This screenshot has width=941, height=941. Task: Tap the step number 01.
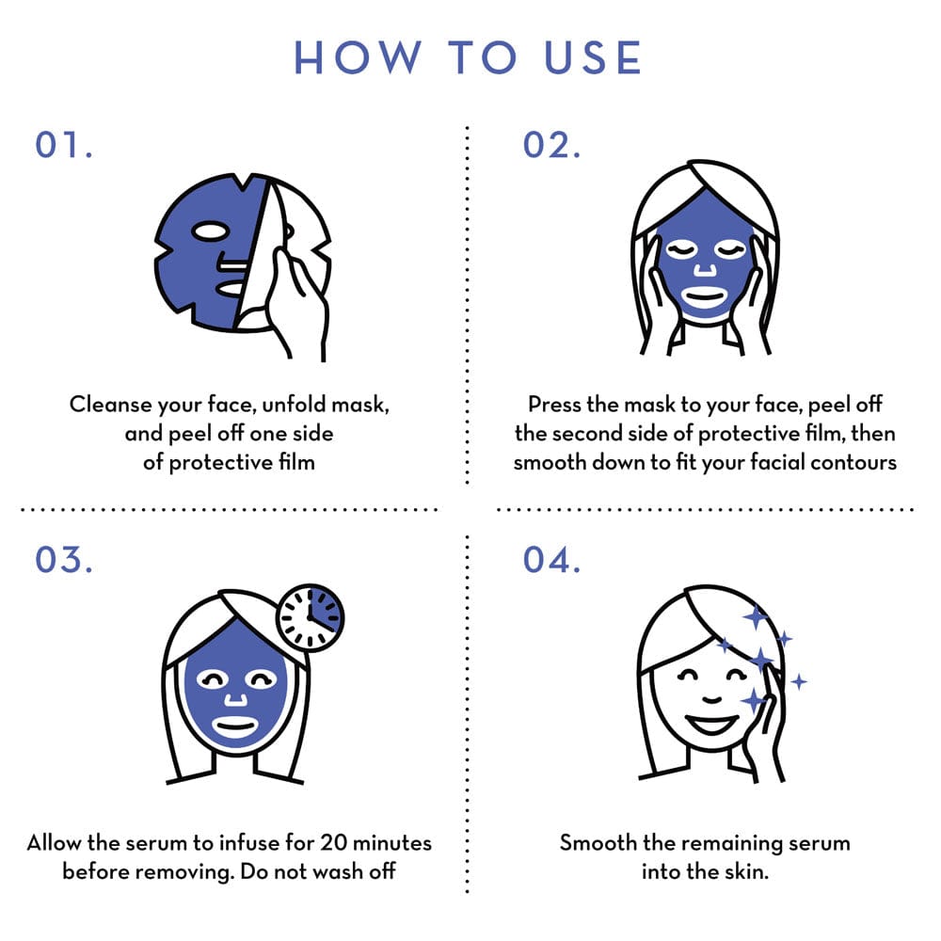[x=64, y=145]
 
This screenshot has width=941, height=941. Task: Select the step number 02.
[x=551, y=145]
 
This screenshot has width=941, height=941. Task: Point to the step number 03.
[x=64, y=560]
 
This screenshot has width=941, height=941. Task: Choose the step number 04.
[x=551, y=560]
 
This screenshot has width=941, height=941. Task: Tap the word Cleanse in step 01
[x=110, y=404]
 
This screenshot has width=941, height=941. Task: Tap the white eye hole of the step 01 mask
[x=210, y=231]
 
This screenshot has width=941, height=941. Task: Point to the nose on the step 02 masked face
[x=705, y=268]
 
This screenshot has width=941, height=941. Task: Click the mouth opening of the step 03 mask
[x=235, y=727]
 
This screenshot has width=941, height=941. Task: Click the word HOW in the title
[x=358, y=57]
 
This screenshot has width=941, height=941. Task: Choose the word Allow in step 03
[x=54, y=842]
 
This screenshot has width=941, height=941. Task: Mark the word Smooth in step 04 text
[x=598, y=842]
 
